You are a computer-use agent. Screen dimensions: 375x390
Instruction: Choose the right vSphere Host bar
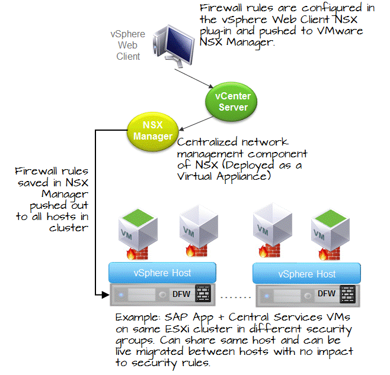pyautogui.click(x=307, y=273)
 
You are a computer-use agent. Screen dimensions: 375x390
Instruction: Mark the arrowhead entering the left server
pyautogui.click(x=106, y=293)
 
